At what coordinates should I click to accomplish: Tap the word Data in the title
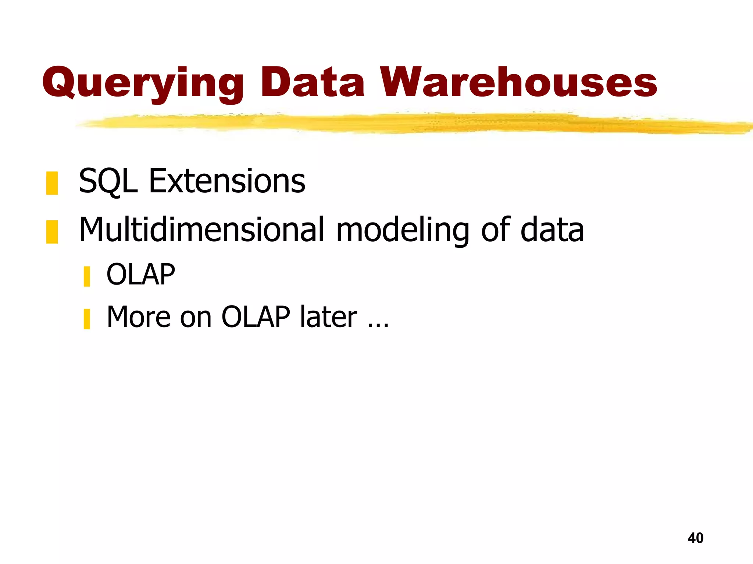[312, 83]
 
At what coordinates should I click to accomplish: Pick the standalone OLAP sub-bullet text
[141, 275]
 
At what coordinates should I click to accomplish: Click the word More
[139, 317]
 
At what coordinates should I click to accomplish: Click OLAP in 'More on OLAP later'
[256, 317]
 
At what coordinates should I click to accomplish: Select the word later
[328, 317]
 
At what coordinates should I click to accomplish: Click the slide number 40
[695, 538]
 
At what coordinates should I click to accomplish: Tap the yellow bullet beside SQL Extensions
[52, 183]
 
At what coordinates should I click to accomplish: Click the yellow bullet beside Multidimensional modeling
[52, 232]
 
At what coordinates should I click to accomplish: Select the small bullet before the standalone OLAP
[87, 276]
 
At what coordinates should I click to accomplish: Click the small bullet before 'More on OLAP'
[87, 319]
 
